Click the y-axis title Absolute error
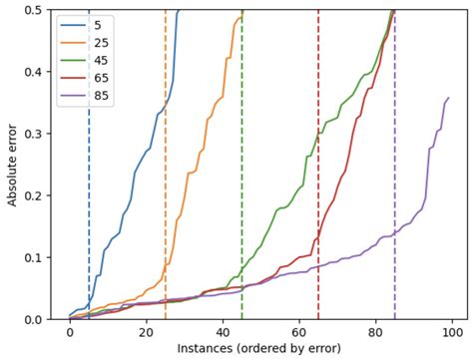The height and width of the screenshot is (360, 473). [12, 165]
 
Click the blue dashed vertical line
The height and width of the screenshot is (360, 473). [89, 199]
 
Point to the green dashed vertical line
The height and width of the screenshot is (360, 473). [241, 199]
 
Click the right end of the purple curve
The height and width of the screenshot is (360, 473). [448, 98]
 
